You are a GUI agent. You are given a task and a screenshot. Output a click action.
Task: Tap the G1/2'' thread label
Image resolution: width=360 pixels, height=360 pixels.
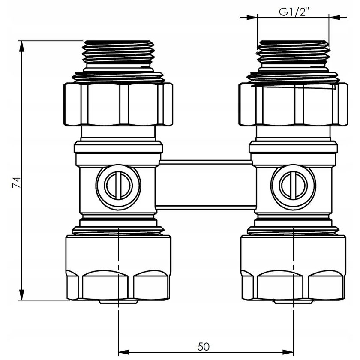click(294, 12)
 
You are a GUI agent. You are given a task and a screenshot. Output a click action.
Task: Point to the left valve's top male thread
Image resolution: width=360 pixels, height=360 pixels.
click(118, 54)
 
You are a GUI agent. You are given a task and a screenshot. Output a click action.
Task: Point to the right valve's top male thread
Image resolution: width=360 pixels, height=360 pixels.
click(294, 54)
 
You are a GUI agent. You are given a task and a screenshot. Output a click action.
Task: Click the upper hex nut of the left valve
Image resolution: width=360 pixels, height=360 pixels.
click(118, 104)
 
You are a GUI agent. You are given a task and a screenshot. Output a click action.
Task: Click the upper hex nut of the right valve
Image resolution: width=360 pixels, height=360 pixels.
click(294, 104)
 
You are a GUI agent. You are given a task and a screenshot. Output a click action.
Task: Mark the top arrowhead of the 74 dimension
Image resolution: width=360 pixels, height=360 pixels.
click(21, 45)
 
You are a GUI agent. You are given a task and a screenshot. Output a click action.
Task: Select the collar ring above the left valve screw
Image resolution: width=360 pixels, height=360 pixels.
click(118, 148)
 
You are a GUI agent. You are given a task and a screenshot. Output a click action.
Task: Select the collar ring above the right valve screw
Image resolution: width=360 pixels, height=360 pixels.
click(294, 148)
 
